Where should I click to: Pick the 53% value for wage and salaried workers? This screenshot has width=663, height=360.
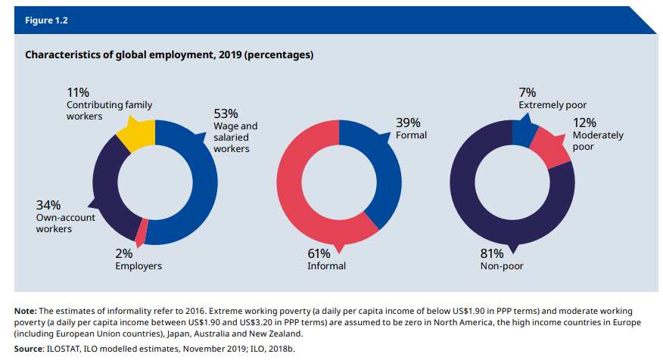tap(225, 114)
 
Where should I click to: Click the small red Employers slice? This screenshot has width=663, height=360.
tap(141, 229)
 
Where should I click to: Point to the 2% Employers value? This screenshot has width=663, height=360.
tap(124, 253)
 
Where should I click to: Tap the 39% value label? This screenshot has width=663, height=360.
tap(408, 123)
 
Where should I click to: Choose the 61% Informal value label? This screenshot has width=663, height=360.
tap(318, 253)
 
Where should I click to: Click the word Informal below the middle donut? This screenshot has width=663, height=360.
tap(326, 266)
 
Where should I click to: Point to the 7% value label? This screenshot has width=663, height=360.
tap(527, 92)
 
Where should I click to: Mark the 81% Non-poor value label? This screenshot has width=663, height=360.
tap(492, 253)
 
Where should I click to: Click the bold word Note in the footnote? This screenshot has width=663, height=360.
tap(26, 311)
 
